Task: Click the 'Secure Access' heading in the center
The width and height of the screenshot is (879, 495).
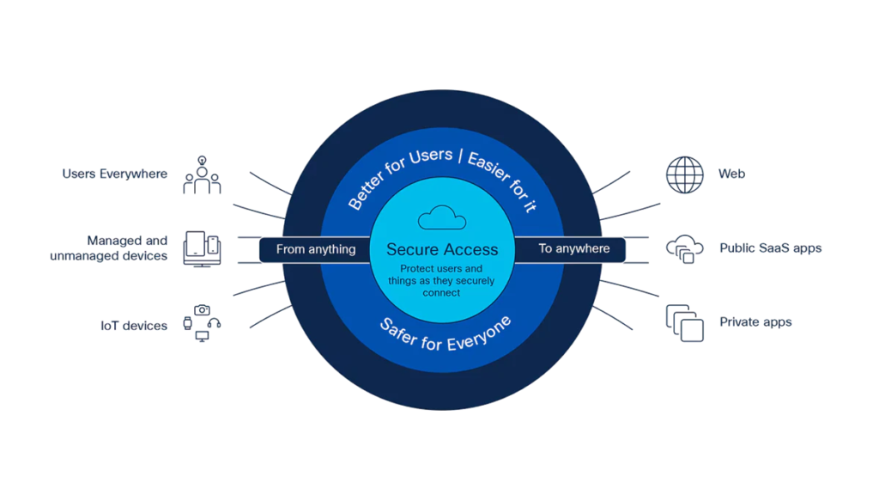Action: (442, 249)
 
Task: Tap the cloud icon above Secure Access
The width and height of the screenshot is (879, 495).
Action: (442, 217)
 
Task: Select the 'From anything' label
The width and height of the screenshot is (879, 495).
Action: (316, 249)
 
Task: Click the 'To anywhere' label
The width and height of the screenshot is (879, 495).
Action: (574, 248)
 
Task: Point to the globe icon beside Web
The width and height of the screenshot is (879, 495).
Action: (684, 175)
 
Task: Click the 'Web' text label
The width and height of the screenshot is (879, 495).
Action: (731, 174)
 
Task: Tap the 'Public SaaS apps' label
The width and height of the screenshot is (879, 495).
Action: (770, 248)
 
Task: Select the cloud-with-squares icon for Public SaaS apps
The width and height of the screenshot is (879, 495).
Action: (684, 249)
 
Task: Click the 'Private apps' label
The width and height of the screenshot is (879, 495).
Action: (755, 322)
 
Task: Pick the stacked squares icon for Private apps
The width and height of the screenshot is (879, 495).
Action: (684, 323)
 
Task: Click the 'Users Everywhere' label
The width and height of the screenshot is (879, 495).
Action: (114, 174)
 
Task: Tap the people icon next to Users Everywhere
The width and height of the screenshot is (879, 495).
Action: (202, 175)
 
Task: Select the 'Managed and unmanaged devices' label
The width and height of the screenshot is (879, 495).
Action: (109, 248)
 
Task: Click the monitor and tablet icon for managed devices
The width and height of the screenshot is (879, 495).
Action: (202, 248)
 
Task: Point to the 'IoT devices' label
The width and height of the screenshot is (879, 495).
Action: (133, 326)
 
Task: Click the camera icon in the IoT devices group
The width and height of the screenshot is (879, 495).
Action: (202, 309)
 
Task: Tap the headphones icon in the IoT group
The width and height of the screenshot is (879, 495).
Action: (214, 323)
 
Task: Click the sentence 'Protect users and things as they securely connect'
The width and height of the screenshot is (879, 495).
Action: (441, 281)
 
